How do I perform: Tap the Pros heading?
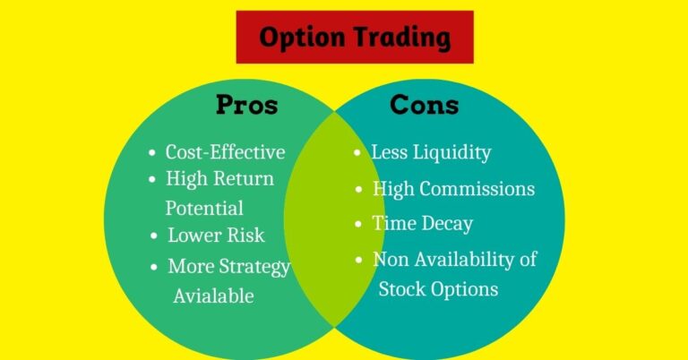click(x=246, y=105)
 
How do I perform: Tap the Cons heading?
click(x=424, y=105)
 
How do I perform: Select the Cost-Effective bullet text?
click(x=225, y=152)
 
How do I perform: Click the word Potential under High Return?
click(x=204, y=208)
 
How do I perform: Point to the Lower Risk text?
click(x=216, y=236)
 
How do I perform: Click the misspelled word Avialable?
click(x=213, y=296)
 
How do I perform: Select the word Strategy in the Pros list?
click(x=256, y=267)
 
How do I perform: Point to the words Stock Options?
click(x=438, y=288)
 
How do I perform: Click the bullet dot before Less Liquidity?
click(x=357, y=153)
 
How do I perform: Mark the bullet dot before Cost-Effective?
click(x=151, y=153)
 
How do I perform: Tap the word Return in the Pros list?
click(x=244, y=179)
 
